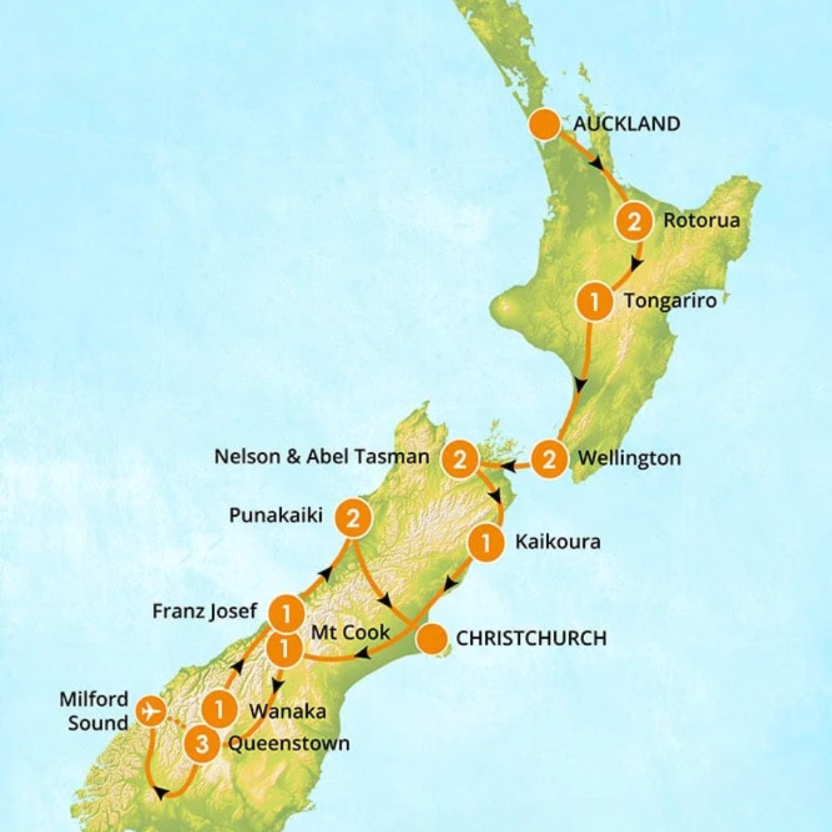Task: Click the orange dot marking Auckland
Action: (x=545, y=125)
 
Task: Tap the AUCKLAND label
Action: (x=626, y=124)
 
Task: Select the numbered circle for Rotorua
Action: (x=632, y=222)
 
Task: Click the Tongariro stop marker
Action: (x=594, y=301)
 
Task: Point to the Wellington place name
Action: (x=628, y=458)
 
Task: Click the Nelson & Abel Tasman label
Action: (x=321, y=457)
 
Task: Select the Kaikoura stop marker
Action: (x=486, y=543)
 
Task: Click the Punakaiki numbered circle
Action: (x=352, y=520)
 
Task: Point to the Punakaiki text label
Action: (x=276, y=516)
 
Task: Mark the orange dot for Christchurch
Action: (x=431, y=640)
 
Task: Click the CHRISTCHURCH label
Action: (x=530, y=639)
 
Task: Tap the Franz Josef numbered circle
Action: (x=285, y=614)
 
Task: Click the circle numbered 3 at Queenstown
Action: (x=201, y=744)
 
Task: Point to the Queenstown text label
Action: (x=288, y=743)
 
